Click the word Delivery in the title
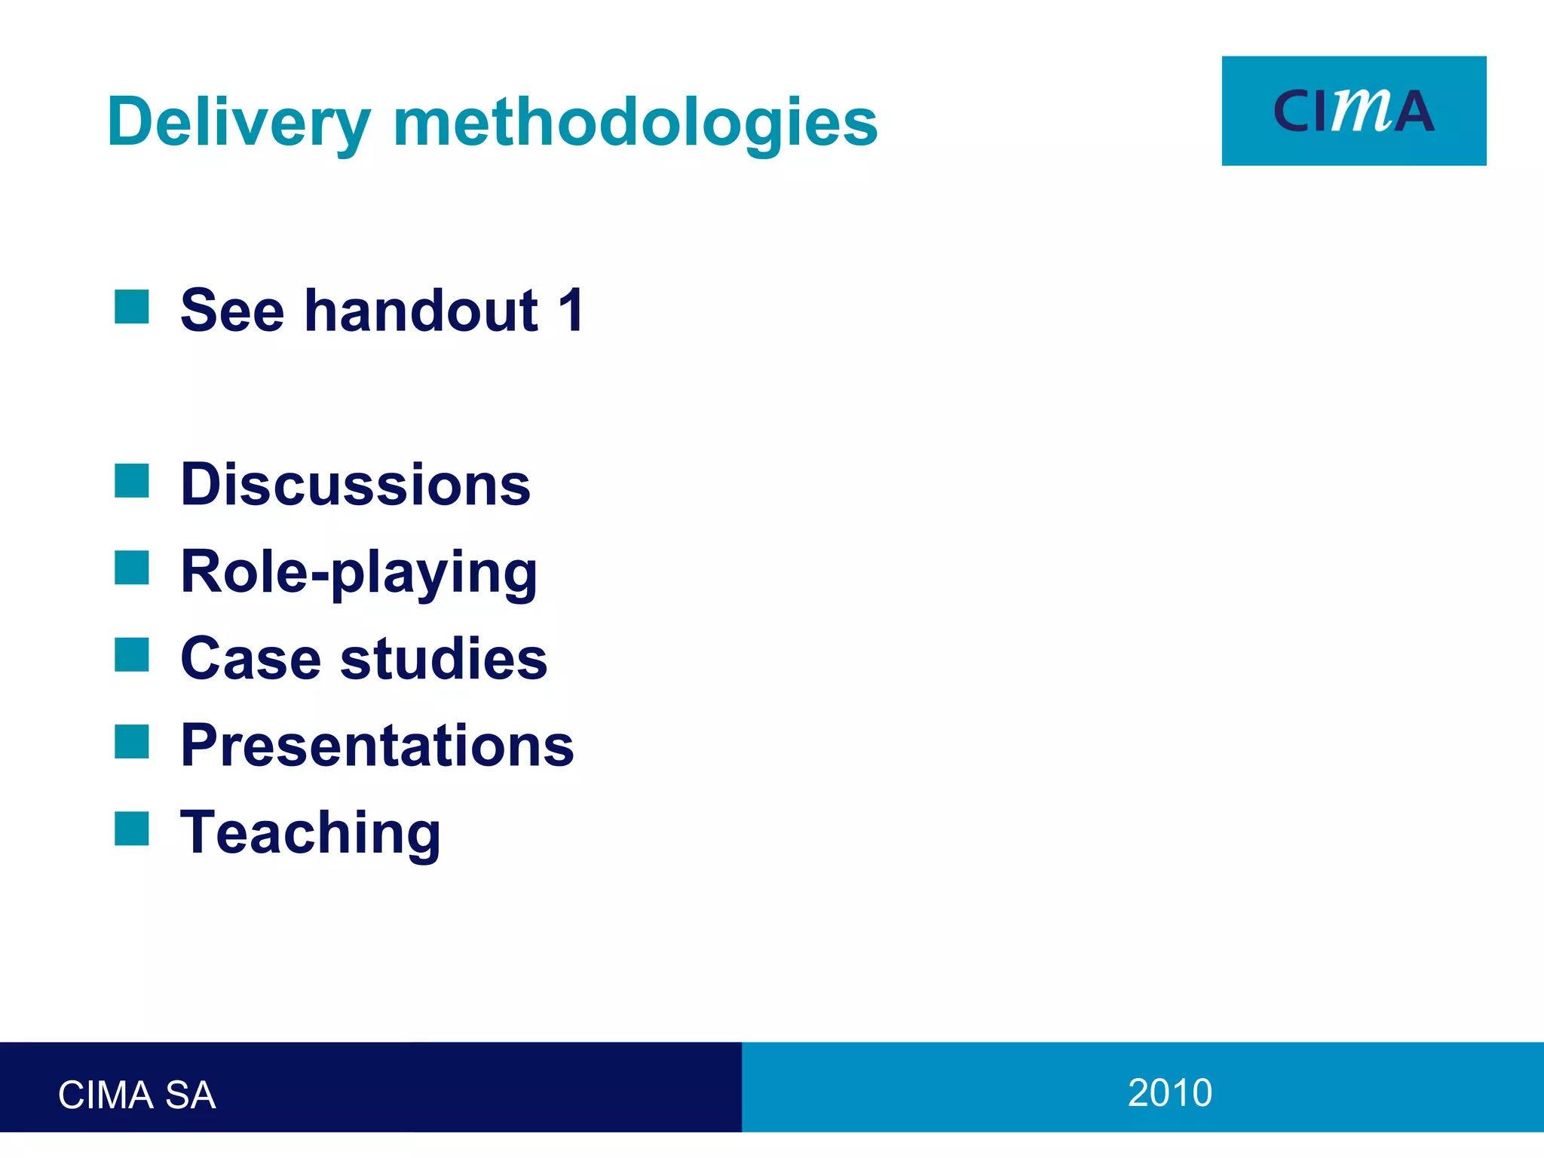(x=238, y=122)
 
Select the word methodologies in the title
(x=636, y=122)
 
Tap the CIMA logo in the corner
(x=1353, y=111)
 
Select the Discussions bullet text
(x=356, y=484)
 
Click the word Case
(x=251, y=658)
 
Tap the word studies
(x=443, y=658)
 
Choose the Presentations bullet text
(x=377, y=746)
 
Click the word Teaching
(x=311, y=833)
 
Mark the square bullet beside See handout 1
(x=132, y=307)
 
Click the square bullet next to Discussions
(x=132, y=481)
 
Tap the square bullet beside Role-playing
(x=132, y=568)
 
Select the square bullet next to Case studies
(x=132, y=654)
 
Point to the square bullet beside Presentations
(x=132, y=742)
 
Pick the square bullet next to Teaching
(x=132, y=829)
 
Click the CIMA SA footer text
(x=136, y=1095)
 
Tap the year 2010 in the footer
(x=1169, y=1092)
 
